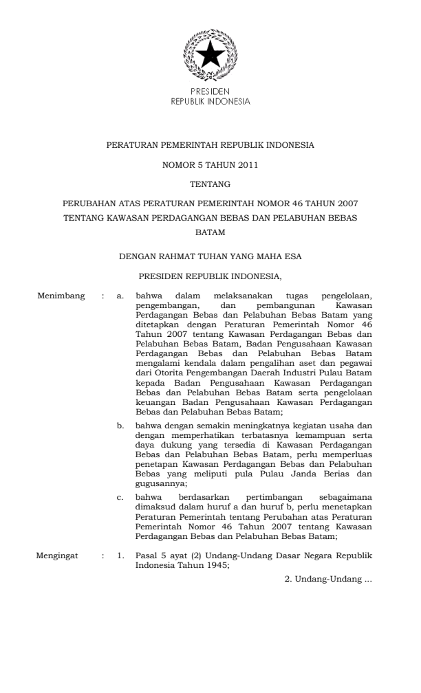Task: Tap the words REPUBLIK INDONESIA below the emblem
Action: point(210,100)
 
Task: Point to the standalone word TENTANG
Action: point(210,184)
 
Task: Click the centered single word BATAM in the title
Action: point(210,232)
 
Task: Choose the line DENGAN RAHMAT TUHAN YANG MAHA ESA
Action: point(210,257)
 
